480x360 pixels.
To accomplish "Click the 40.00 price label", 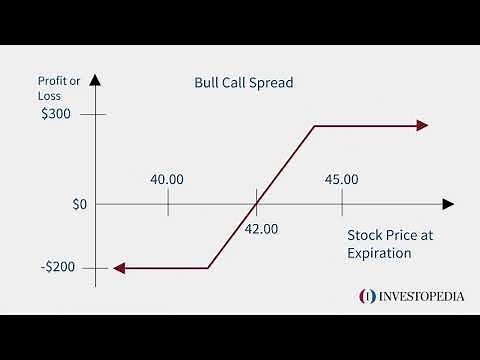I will [x=167, y=180].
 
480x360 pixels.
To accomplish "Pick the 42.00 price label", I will [x=261, y=228].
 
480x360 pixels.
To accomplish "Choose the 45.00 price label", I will [x=341, y=180].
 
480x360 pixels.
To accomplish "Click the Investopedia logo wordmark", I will [x=416, y=296].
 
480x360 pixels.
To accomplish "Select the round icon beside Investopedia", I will [x=367, y=296].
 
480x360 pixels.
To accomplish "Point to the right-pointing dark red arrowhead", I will [x=423, y=126].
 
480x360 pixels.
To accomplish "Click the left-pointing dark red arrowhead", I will [x=117, y=268].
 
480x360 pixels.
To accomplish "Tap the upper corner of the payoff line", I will [x=314, y=126].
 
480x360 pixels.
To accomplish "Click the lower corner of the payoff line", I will [x=208, y=268].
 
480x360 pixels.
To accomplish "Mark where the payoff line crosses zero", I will [x=257, y=204].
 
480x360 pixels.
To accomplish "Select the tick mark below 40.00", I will [x=168, y=203].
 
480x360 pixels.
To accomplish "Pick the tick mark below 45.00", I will [x=341, y=203].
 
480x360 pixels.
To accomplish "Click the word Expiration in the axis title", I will [x=379, y=254].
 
